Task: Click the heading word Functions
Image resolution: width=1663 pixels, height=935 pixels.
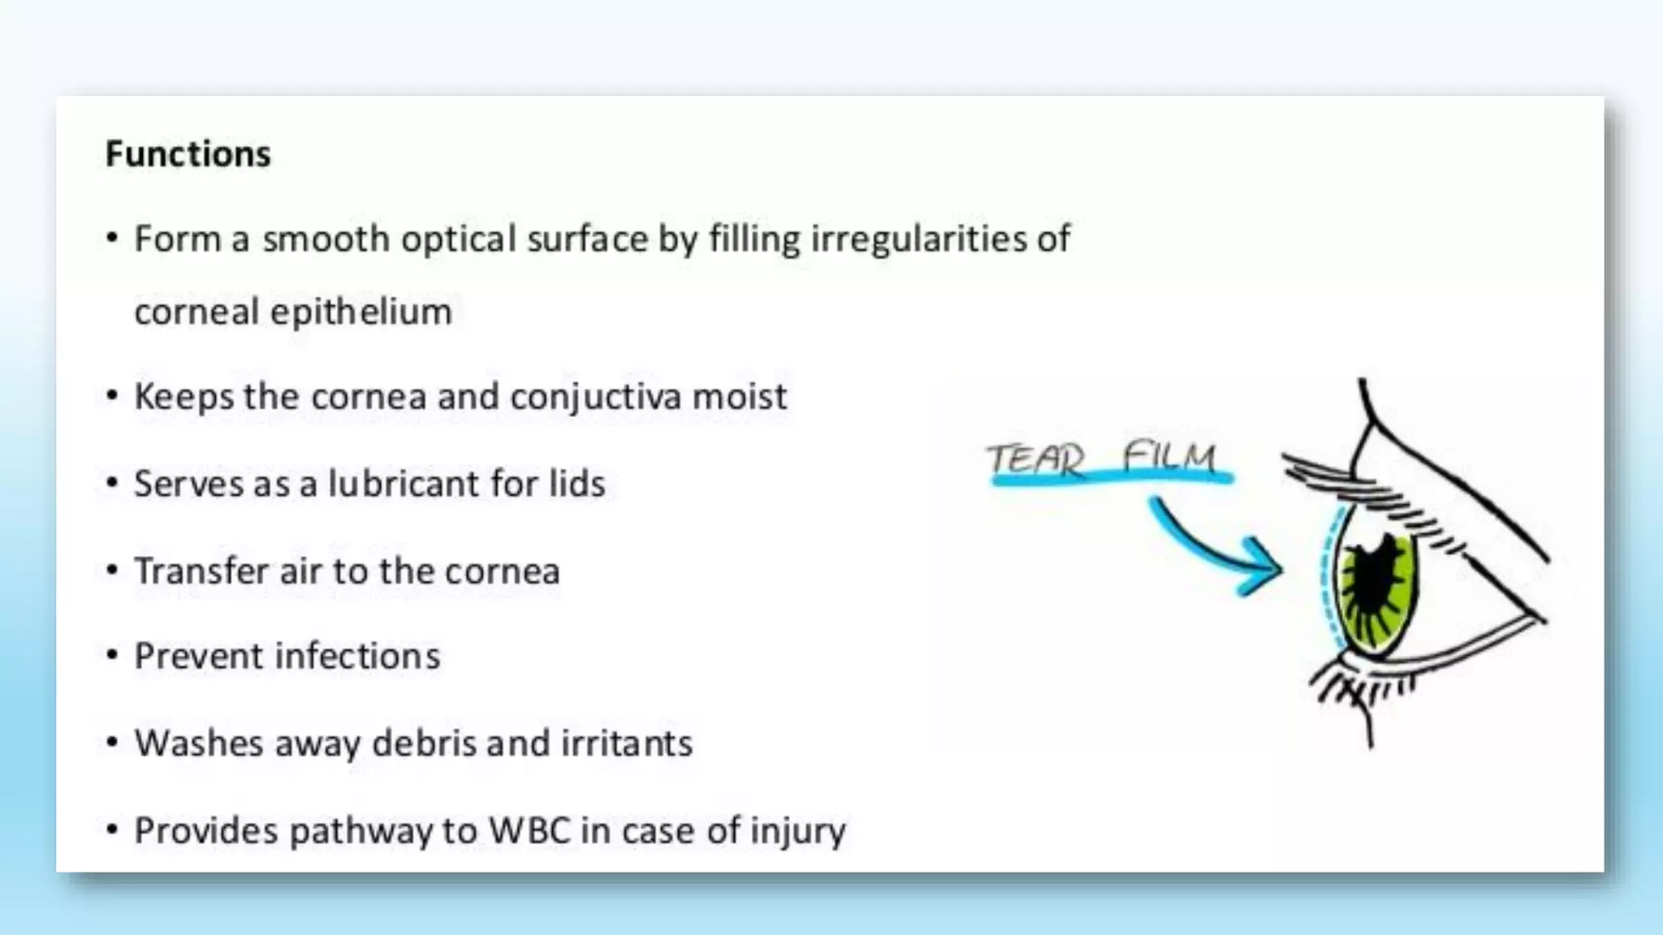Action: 188,154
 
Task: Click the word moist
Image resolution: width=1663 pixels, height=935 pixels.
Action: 739,397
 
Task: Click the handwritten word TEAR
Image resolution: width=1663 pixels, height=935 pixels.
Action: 1036,459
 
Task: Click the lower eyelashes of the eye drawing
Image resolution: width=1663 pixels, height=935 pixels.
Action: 1364,690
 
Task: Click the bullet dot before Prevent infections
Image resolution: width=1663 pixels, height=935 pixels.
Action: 112,655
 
